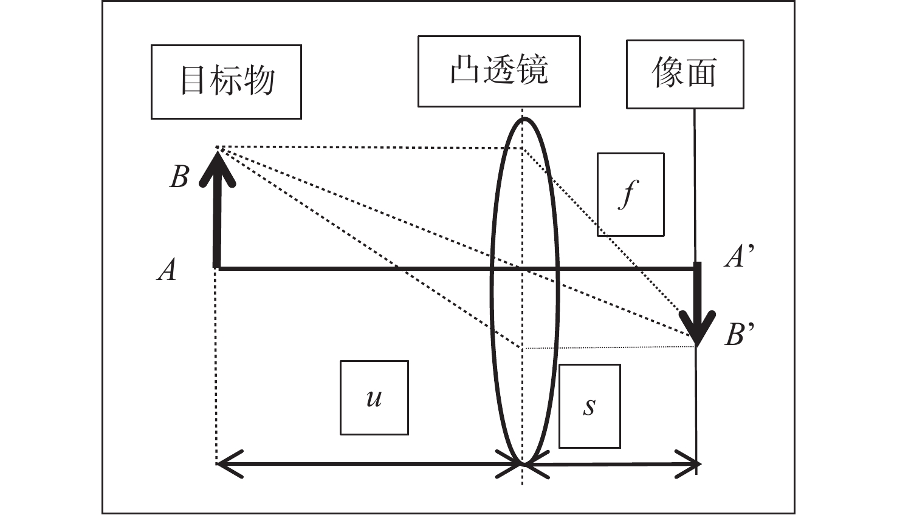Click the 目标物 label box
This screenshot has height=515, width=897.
(226, 81)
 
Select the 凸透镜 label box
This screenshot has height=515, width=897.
(499, 71)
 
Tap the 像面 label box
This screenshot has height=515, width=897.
(685, 74)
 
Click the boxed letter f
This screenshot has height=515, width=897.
(630, 194)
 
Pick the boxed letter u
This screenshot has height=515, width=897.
(374, 398)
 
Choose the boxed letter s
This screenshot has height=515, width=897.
(589, 406)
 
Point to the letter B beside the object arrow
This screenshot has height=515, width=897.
(179, 177)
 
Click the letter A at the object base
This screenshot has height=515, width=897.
(167, 270)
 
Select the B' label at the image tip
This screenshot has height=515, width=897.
(740, 335)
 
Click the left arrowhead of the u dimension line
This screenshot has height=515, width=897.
(227, 465)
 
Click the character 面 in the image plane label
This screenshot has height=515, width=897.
(701, 74)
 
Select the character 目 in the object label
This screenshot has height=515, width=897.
(193, 81)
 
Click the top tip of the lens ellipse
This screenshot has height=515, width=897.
(524, 119)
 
